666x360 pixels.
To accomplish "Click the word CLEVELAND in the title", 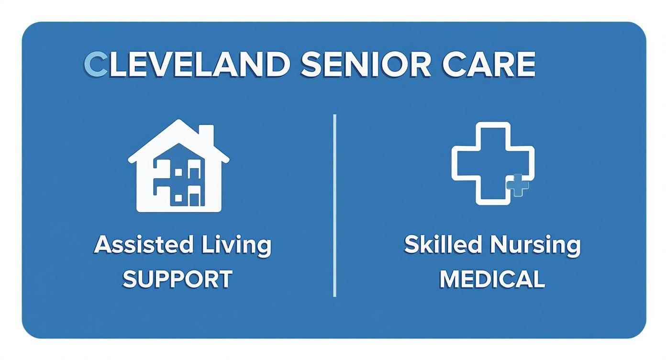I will point(187,65).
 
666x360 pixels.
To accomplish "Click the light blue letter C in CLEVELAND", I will point(96,65).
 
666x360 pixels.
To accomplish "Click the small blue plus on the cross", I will point(518,185).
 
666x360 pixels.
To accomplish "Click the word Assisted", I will point(143,245).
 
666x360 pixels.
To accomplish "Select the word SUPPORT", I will point(178,279).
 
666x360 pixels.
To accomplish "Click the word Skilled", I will point(443,245).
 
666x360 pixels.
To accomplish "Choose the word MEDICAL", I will point(492,279).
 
